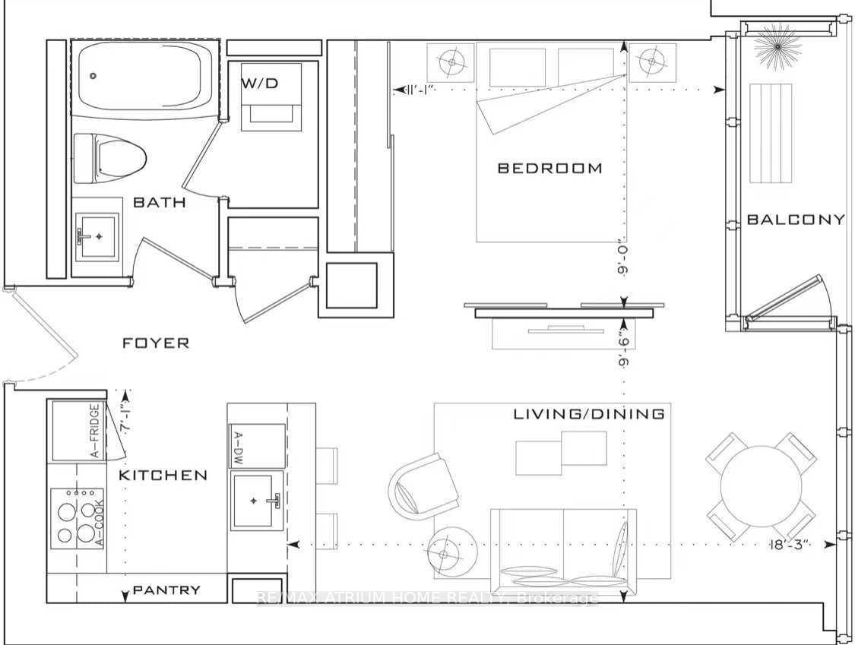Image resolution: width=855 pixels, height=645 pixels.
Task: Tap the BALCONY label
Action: [795, 220]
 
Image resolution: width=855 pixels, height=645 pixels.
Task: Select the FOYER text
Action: [156, 343]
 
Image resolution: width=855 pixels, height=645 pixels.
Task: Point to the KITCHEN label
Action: [163, 476]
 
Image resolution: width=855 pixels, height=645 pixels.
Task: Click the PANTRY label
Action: [166, 590]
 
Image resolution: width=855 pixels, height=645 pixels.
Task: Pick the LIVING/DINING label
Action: [589, 414]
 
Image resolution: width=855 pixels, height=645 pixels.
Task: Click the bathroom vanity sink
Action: [97, 237]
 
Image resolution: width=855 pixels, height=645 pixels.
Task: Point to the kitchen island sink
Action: [257, 500]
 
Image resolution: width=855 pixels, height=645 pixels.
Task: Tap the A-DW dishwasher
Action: [257, 446]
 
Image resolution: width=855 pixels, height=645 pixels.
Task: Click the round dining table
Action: [761, 486]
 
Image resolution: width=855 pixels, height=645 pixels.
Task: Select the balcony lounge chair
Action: [771, 134]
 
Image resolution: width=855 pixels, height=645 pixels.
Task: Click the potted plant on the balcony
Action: [777, 46]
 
